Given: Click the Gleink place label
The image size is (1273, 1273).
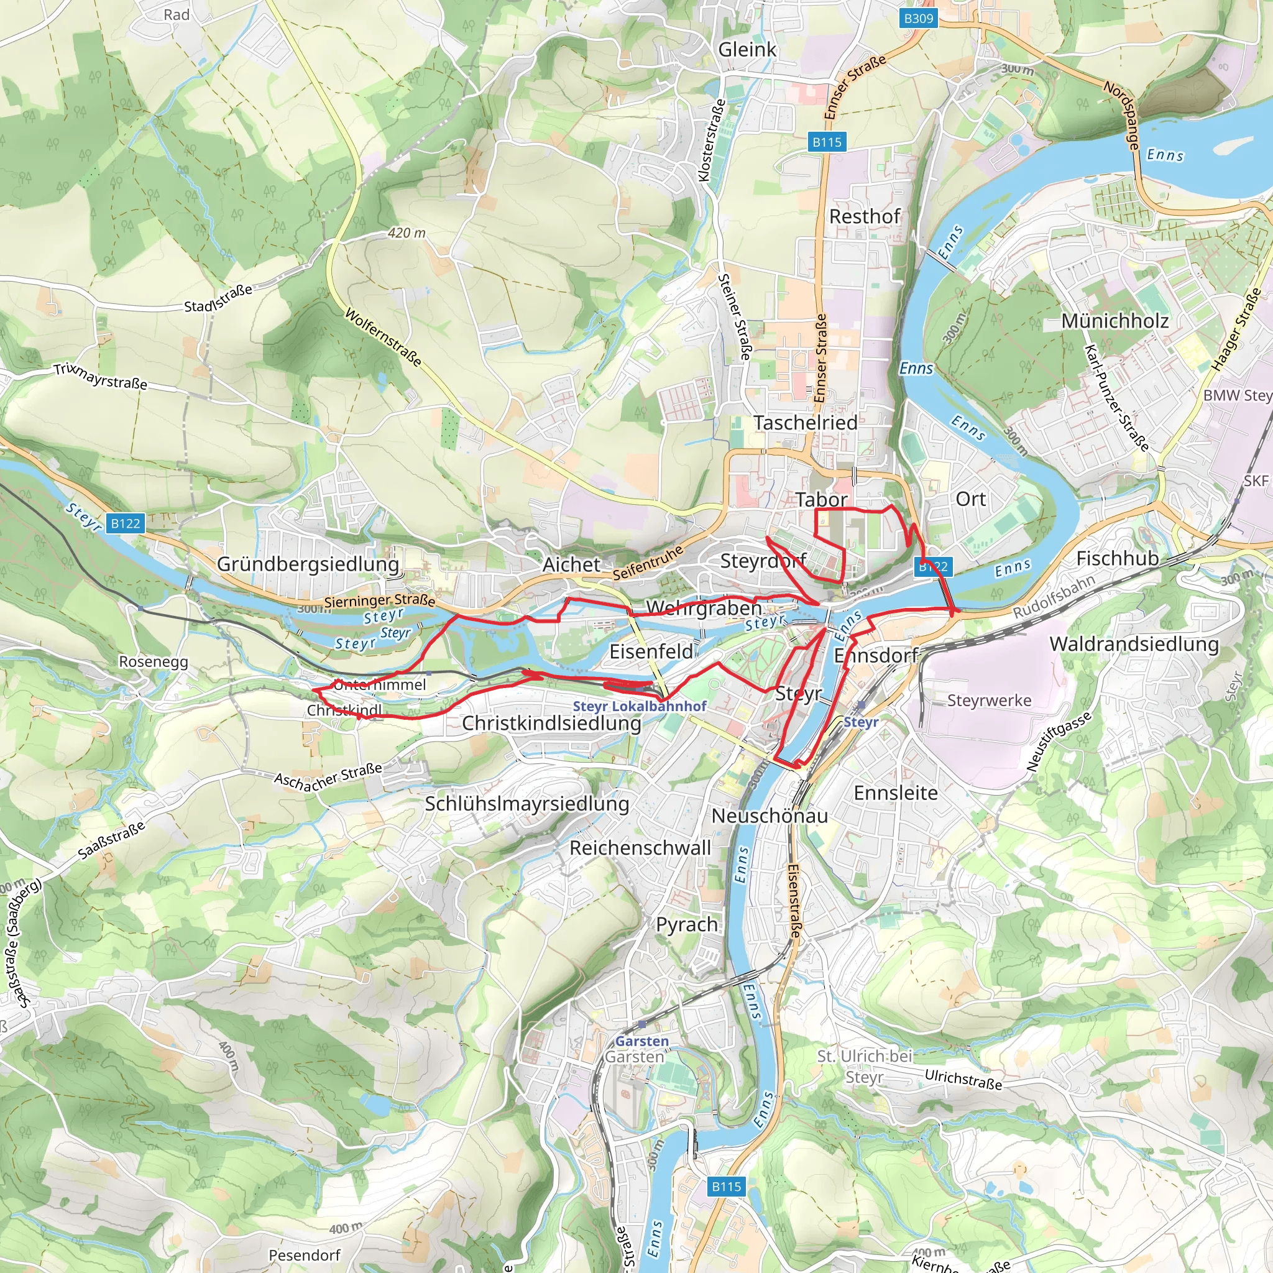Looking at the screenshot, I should click(747, 50).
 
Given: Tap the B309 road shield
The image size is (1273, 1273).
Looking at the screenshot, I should click(919, 18).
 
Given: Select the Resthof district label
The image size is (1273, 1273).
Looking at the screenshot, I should click(865, 216).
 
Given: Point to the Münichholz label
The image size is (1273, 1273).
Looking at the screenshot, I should click(1115, 321).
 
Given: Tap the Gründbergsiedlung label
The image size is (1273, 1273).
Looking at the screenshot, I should click(308, 564).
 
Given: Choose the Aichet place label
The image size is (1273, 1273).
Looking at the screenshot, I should click(571, 564).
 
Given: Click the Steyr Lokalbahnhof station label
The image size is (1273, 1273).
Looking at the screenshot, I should click(639, 705).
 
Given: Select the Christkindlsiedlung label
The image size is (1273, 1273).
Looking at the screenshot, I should click(551, 723).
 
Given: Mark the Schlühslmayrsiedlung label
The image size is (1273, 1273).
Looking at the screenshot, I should click(526, 803).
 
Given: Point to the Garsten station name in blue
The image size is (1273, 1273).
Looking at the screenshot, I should click(641, 1041).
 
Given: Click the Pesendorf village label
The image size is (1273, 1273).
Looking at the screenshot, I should click(305, 1255).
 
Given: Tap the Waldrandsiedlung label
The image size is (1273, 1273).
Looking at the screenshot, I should click(1134, 644).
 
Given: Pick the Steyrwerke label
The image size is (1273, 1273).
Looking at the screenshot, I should click(989, 701).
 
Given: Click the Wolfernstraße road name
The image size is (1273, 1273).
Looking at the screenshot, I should click(383, 337).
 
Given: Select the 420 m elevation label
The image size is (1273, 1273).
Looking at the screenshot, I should click(407, 232).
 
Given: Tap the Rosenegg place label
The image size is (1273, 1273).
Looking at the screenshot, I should click(153, 661).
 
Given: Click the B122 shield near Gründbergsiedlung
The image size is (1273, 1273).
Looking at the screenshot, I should click(125, 523).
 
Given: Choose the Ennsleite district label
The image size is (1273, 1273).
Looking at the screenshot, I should click(896, 793).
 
